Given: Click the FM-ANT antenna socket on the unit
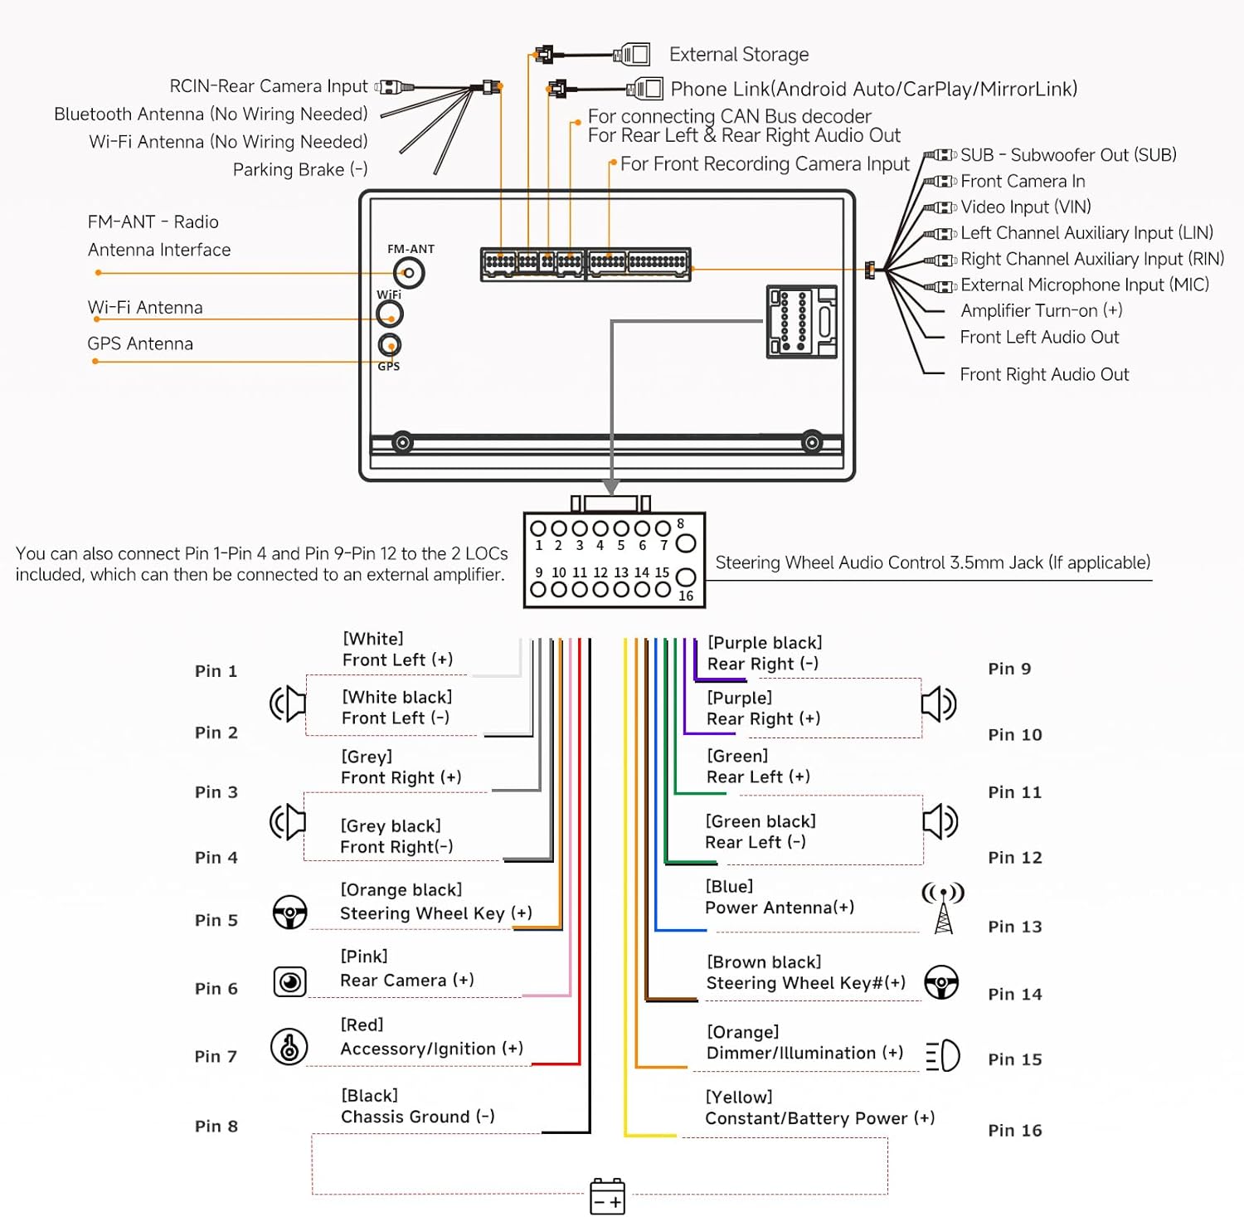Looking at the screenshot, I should pyautogui.click(x=409, y=273).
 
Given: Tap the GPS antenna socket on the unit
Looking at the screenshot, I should pyautogui.click(x=389, y=344).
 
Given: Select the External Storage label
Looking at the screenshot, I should pyautogui.click(x=738, y=55).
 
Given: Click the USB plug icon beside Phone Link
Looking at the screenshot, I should pyautogui.click(x=645, y=89).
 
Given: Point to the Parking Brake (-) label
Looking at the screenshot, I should pyautogui.click(x=300, y=169).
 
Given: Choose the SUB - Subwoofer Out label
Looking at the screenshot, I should pyautogui.click(x=1068, y=155).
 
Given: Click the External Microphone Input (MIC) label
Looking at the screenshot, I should pyautogui.click(x=1085, y=285).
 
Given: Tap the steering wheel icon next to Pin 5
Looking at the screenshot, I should pyautogui.click(x=289, y=913).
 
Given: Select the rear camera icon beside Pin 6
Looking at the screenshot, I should pyautogui.click(x=289, y=982).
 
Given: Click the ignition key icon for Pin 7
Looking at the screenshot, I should pyautogui.click(x=289, y=1047).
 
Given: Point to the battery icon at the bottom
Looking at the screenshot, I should pyautogui.click(x=607, y=1196).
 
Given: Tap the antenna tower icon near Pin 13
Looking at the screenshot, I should pyautogui.click(x=943, y=908).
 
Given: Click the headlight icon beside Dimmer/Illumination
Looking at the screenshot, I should pyautogui.click(x=943, y=1056).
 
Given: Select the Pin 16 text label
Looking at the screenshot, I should pyautogui.click(x=1014, y=1130).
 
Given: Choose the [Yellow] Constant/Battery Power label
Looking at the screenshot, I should pyautogui.click(x=819, y=1107).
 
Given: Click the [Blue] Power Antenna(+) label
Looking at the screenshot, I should pyautogui.click(x=779, y=897).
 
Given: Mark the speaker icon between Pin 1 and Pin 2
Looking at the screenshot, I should pyautogui.click(x=288, y=703).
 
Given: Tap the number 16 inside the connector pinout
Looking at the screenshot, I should pyautogui.click(x=686, y=596).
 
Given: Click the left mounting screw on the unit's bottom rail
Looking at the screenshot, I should pyautogui.click(x=402, y=442).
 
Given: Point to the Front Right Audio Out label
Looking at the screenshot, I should pyautogui.click(x=1044, y=374).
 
